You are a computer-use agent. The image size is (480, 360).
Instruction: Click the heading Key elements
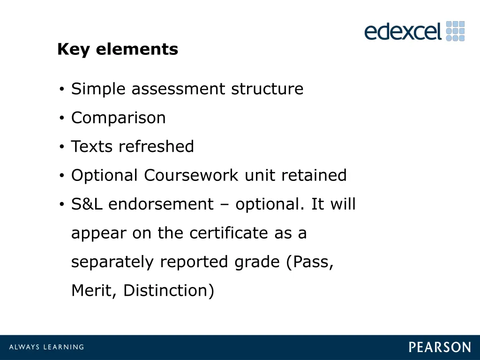[118, 49]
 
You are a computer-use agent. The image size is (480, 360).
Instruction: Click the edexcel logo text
[403, 32]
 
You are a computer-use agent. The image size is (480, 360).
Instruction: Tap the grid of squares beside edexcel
[455, 31]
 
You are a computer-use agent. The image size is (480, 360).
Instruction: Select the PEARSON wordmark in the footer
[440, 347]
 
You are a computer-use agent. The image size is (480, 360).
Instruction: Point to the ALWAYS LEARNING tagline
[47, 347]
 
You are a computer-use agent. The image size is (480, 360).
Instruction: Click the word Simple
[99, 89]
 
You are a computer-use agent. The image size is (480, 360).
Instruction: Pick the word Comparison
[119, 118]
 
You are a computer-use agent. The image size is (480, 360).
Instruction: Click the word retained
[314, 175]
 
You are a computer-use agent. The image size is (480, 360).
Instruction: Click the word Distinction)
[169, 291]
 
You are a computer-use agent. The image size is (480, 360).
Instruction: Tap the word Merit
[94, 291]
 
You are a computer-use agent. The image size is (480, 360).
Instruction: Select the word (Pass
[310, 262]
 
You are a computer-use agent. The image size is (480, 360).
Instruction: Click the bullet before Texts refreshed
[62, 147]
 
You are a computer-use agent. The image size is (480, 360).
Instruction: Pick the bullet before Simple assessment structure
[62, 90]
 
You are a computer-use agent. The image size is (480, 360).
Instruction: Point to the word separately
[112, 262]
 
